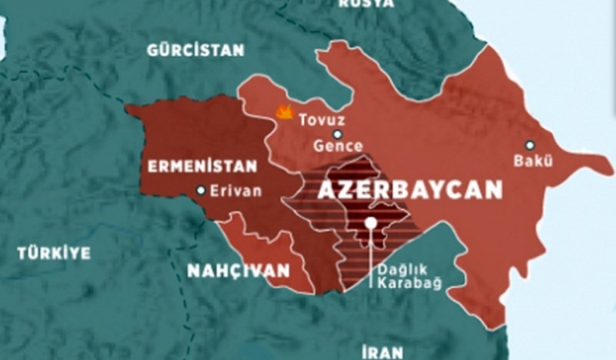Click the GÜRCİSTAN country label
195,50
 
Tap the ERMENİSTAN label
201,166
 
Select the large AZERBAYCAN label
410,190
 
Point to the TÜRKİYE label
54,253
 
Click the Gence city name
338,146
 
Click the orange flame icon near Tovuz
284,113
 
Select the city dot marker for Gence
338,134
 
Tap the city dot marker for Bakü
529,145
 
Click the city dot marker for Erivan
201,190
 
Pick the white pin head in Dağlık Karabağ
370,223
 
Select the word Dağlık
398,270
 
